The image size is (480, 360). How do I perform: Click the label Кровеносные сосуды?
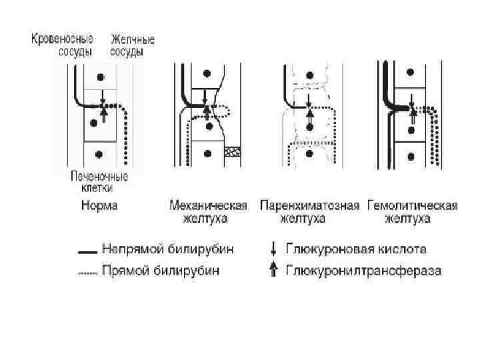pos(62,45)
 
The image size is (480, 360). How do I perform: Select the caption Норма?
pos(99,205)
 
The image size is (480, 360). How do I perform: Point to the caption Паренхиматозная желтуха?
pos(310,211)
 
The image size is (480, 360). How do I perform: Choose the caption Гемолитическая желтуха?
pos(411,211)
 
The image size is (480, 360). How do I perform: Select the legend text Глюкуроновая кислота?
pos(356,250)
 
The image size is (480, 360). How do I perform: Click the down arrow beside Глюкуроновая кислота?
pos(272,250)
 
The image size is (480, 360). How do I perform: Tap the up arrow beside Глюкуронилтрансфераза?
pos(272,271)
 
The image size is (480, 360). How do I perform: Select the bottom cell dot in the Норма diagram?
pos(100,154)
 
